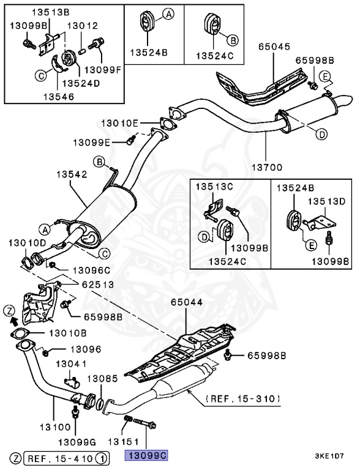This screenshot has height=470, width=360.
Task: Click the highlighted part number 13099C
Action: [x=147, y=455]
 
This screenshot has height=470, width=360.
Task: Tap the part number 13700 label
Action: [x=267, y=167]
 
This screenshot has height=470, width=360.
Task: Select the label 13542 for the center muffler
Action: [x=72, y=174]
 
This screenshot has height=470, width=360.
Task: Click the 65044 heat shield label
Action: [x=187, y=302]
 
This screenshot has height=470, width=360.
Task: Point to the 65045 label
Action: [x=274, y=47]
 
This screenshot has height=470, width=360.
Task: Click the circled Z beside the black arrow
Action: [x=9, y=311]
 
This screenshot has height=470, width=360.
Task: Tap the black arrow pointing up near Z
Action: [x=13, y=322]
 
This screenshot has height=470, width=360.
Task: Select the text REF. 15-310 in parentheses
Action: [x=243, y=398]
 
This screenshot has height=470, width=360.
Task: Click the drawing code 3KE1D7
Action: [x=329, y=456]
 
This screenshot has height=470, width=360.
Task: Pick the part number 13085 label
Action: [x=103, y=379]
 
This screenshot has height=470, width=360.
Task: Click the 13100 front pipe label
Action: [x=55, y=427]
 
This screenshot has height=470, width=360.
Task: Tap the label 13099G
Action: [x=77, y=442]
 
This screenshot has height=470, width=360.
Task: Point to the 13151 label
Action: [x=123, y=441]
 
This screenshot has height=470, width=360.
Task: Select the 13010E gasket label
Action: [x=120, y=123]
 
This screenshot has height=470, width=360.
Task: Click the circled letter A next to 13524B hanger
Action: [x=168, y=14]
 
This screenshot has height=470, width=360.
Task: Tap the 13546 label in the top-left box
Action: [x=59, y=97]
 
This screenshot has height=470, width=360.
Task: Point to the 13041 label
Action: [x=71, y=364]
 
